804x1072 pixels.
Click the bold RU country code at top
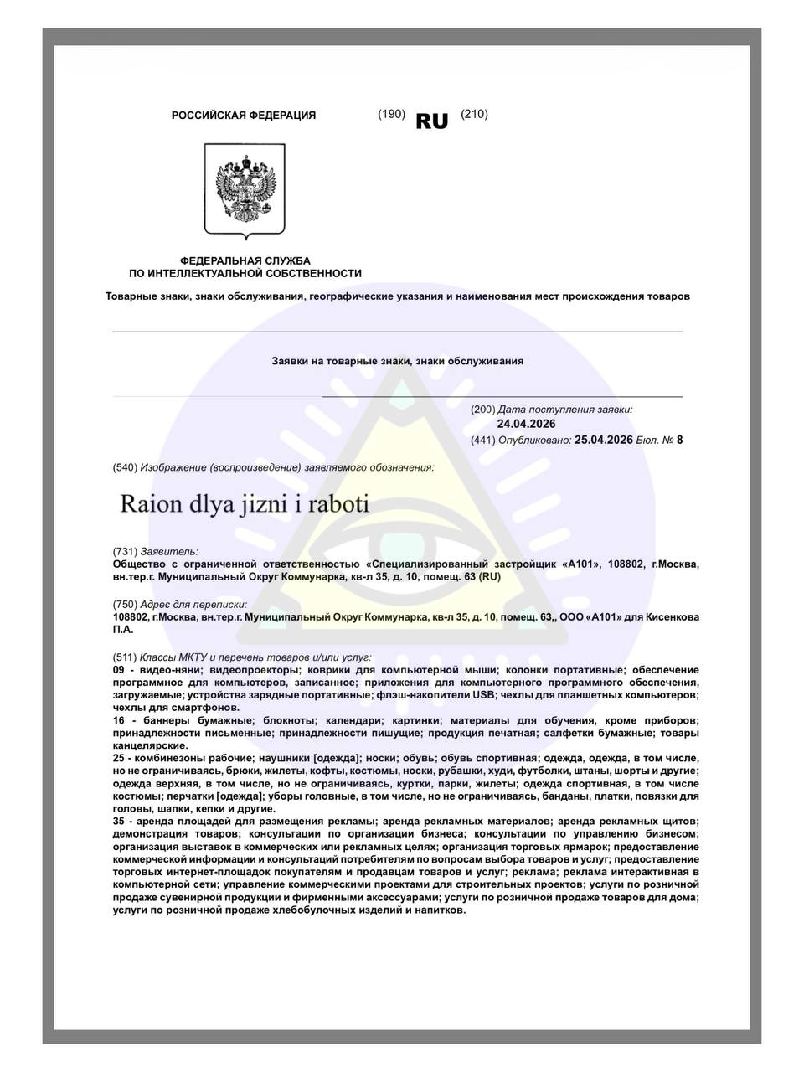point(432,121)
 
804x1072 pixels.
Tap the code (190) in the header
point(391,114)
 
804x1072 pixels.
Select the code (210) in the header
point(474,114)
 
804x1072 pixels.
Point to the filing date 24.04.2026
point(526,425)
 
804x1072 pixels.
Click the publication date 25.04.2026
point(603,439)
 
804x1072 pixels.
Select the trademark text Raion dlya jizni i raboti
point(245,506)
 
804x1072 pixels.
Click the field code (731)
point(125,551)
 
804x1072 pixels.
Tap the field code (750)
point(125,604)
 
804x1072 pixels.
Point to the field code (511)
point(125,657)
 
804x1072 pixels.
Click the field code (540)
point(125,466)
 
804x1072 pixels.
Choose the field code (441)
point(483,439)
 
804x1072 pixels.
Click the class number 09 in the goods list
point(118,671)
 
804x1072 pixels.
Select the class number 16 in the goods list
point(118,721)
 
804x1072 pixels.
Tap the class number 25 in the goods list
point(118,758)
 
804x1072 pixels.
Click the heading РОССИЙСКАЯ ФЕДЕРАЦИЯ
point(244,116)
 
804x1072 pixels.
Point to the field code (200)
point(483,410)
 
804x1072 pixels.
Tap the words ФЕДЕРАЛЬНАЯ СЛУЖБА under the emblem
point(245,261)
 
